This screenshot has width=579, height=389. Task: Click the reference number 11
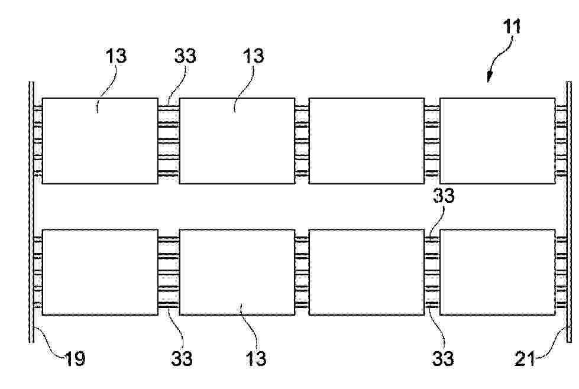[x=512, y=26]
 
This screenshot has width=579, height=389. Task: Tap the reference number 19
[x=75, y=358]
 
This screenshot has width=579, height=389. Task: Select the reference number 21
[x=525, y=358]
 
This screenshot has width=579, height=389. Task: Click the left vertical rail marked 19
[x=32, y=212]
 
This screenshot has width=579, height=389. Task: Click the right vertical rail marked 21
[x=569, y=212]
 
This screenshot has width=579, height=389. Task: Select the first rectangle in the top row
[x=100, y=141]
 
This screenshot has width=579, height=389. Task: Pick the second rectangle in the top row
[x=237, y=141]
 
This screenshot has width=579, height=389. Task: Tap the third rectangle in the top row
[x=366, y=141]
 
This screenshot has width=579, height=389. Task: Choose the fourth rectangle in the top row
[x=497, y=141]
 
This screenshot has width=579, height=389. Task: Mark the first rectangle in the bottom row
[x=100, y=273]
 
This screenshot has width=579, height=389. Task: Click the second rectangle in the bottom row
[x=237, y=273]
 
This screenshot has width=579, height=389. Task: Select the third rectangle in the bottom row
[x=366, y=273]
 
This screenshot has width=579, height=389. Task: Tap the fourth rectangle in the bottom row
[x=497, y=273]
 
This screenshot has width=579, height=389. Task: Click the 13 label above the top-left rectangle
[x=116, y=56]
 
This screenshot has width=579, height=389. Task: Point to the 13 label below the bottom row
[x=255, y=358]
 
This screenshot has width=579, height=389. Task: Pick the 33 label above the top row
[x=185, y=56]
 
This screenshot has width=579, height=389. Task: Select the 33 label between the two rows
[x=444, y=196]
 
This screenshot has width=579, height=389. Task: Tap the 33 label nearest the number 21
[x=443, y=358]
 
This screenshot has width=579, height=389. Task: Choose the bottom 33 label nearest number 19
[x=182, y=358]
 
